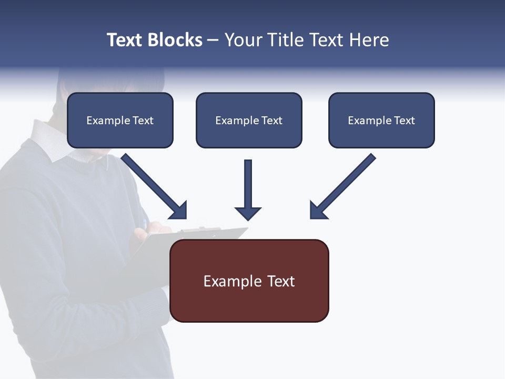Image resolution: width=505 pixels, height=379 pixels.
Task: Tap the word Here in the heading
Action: pos(369,40)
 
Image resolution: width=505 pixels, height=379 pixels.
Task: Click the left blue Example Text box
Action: pos(120,120)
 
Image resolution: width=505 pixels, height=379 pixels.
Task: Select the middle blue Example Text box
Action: pos(249,120)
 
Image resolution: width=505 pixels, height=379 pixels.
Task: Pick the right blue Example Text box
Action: pos(381,120)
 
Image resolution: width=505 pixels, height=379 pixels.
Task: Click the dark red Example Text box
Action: pos(249,281)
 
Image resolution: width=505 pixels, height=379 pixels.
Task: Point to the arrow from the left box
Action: pos(155,187)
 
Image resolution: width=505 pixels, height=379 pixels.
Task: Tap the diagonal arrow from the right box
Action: pos(342,187)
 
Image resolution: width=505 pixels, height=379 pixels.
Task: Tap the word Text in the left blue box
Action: pos(143,121)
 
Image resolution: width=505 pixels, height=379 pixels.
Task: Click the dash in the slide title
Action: pos(213,41)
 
